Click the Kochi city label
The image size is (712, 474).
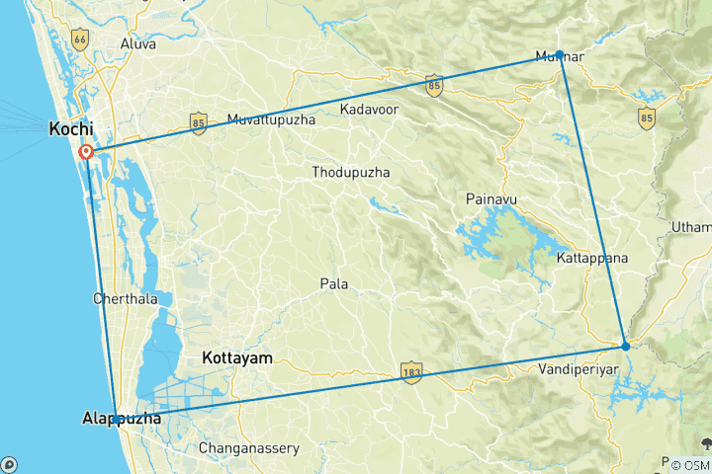[x=71, y=129]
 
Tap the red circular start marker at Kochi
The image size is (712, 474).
[x=86, y=152]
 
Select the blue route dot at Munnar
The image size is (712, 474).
[x=560, y=54]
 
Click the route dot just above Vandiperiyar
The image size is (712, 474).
[x=625, y=346]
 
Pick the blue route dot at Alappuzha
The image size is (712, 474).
[x=116, y=420]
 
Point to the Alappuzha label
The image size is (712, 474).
[x=122, y=420]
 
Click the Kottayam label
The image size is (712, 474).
[x=236, y=357]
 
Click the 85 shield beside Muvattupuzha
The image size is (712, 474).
[x=199, y=122]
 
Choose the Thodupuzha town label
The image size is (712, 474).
[x=350, y=172]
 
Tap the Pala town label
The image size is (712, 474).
[x=333, y=283]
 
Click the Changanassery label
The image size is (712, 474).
[x=248, y=448]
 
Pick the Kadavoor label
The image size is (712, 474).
[x=369, y=109]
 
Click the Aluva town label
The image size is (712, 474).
[x=137, y=43]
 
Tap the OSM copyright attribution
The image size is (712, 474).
[x=688, y=464]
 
